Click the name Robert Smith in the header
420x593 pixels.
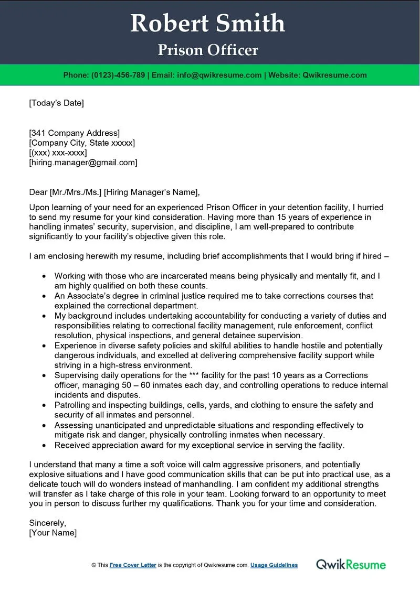click(x=208, y=24)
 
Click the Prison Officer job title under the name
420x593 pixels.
click(x=208, y=50)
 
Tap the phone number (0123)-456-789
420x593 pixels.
click(x=118, y=75)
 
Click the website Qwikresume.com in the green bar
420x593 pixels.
click(x=334, y=75)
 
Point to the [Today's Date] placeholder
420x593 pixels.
click(x=56, y=103)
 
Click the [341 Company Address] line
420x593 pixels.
click(x=74, y=133)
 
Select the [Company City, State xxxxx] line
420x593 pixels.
click(x=82, y=143)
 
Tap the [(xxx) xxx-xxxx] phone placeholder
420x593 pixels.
click(x=58, y=153)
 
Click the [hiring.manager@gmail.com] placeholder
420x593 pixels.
click(x=83, y=163)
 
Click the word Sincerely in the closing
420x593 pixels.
click(x=47, y=523)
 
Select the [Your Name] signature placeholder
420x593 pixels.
click(x=52, y=533)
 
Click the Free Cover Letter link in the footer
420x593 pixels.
click(x=133, y=565)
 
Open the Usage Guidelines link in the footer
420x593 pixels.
click(x=274, y=565)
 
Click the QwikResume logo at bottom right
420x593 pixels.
click(x=351, y=565)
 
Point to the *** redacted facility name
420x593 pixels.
click(x=195, y=375)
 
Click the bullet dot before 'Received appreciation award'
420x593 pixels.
click(x=44, y=446)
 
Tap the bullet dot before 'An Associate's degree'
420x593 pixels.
click(x=44, y=296)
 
